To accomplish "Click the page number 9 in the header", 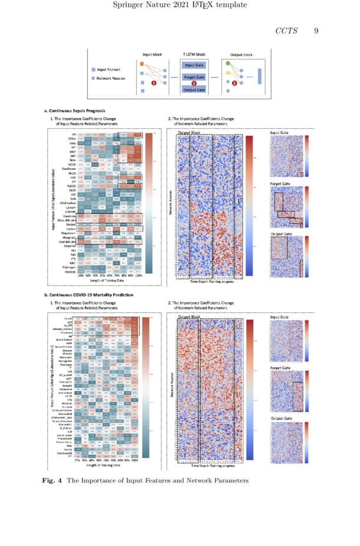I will pos(316,31).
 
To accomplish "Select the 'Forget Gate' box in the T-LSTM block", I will pos(194,77).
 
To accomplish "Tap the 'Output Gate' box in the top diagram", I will pos(194,90).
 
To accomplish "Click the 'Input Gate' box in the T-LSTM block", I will pos(194,65).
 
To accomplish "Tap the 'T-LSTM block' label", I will pos(194,54).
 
